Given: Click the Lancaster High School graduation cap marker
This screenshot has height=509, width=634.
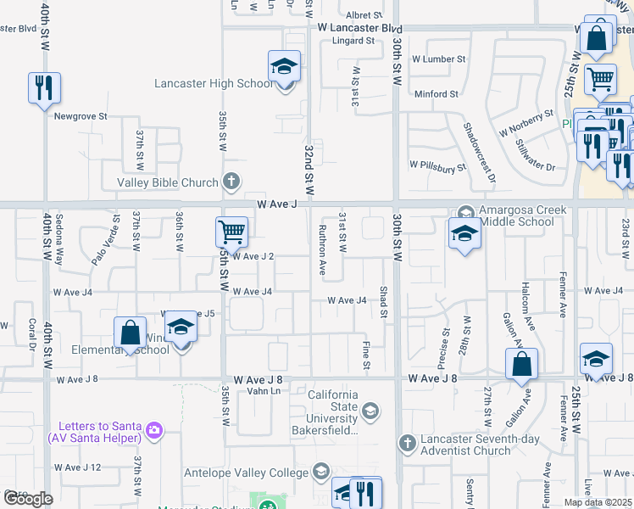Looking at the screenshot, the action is (285, 66).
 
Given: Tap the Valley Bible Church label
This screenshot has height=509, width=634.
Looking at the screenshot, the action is (168, 182).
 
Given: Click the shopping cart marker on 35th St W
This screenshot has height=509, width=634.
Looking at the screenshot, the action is (231, 232).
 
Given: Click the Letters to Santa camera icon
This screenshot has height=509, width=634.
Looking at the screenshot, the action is (154, 430).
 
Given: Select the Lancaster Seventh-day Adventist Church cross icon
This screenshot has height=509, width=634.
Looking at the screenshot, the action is (408, 443).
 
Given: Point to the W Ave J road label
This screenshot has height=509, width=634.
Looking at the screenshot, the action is (279, 204).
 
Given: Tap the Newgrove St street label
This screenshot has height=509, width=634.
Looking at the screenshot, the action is (81, 115).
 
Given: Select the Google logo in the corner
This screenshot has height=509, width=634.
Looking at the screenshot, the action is (28, 499).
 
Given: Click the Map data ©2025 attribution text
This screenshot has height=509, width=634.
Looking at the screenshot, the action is (598, 502).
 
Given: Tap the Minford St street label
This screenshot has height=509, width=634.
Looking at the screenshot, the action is (437, 93).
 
